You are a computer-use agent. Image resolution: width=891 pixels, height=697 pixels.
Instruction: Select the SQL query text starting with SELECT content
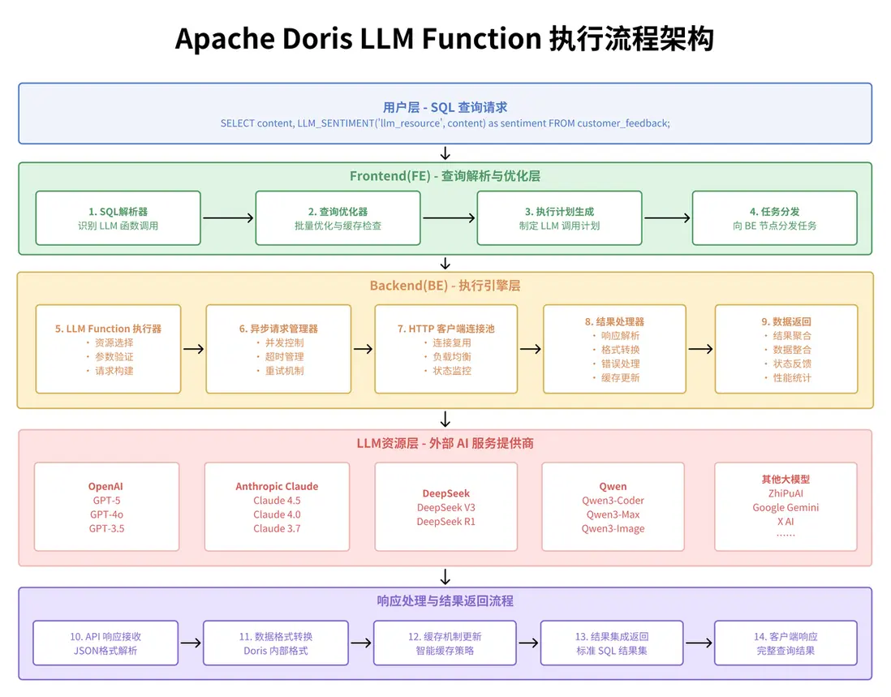click(x=445, y=123)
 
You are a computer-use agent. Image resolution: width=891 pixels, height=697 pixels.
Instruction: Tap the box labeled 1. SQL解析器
click(x=118, y=218)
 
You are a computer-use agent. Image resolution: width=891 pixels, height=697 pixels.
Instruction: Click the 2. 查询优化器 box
click(x=338, y=218)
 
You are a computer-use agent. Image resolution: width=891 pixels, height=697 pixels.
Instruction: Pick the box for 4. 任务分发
click(x=774, y=218)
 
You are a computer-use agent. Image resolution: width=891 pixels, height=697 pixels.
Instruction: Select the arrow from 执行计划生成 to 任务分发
click(x=666, y=217)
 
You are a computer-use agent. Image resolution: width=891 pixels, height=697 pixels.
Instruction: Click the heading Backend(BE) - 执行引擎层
click(x=445, y=286)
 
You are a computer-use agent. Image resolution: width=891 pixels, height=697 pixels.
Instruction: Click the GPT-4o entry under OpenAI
click(x=107, y=514)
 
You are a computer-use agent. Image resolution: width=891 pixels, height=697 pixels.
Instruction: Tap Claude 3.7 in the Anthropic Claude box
click(x=277, y=528)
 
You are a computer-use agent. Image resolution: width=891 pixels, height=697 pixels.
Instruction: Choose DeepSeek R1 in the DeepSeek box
click(x=445, y=522)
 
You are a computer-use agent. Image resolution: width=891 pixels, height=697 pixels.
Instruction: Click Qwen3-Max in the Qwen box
click(x=613, y=514)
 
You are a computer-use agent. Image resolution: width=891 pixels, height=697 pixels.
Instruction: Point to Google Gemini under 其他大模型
click(x=786, y=507)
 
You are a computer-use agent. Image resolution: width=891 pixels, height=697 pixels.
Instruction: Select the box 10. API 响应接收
click(x=106, y=643)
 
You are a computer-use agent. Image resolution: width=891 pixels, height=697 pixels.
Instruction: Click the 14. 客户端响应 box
click(x=786, y=643)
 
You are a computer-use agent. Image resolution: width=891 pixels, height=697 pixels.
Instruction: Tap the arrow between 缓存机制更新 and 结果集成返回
click(x=528, y=643)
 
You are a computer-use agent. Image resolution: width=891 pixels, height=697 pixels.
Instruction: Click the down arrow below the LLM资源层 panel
click(x=445, y=577)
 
